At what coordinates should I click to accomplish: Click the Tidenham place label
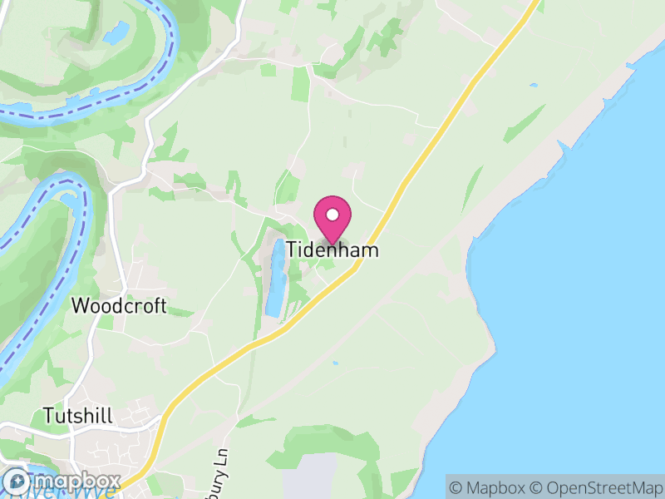click(332, 249)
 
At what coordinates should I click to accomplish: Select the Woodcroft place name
click(119, 306)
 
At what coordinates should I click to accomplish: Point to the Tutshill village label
click(80, 415)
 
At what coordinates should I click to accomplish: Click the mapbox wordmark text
click(75, 482)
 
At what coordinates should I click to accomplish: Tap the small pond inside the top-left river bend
click(116, 33)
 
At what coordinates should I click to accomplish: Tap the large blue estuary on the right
click(582, 291)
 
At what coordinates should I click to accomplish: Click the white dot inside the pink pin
click(332, 215)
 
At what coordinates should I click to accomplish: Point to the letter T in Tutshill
click(47, 415)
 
